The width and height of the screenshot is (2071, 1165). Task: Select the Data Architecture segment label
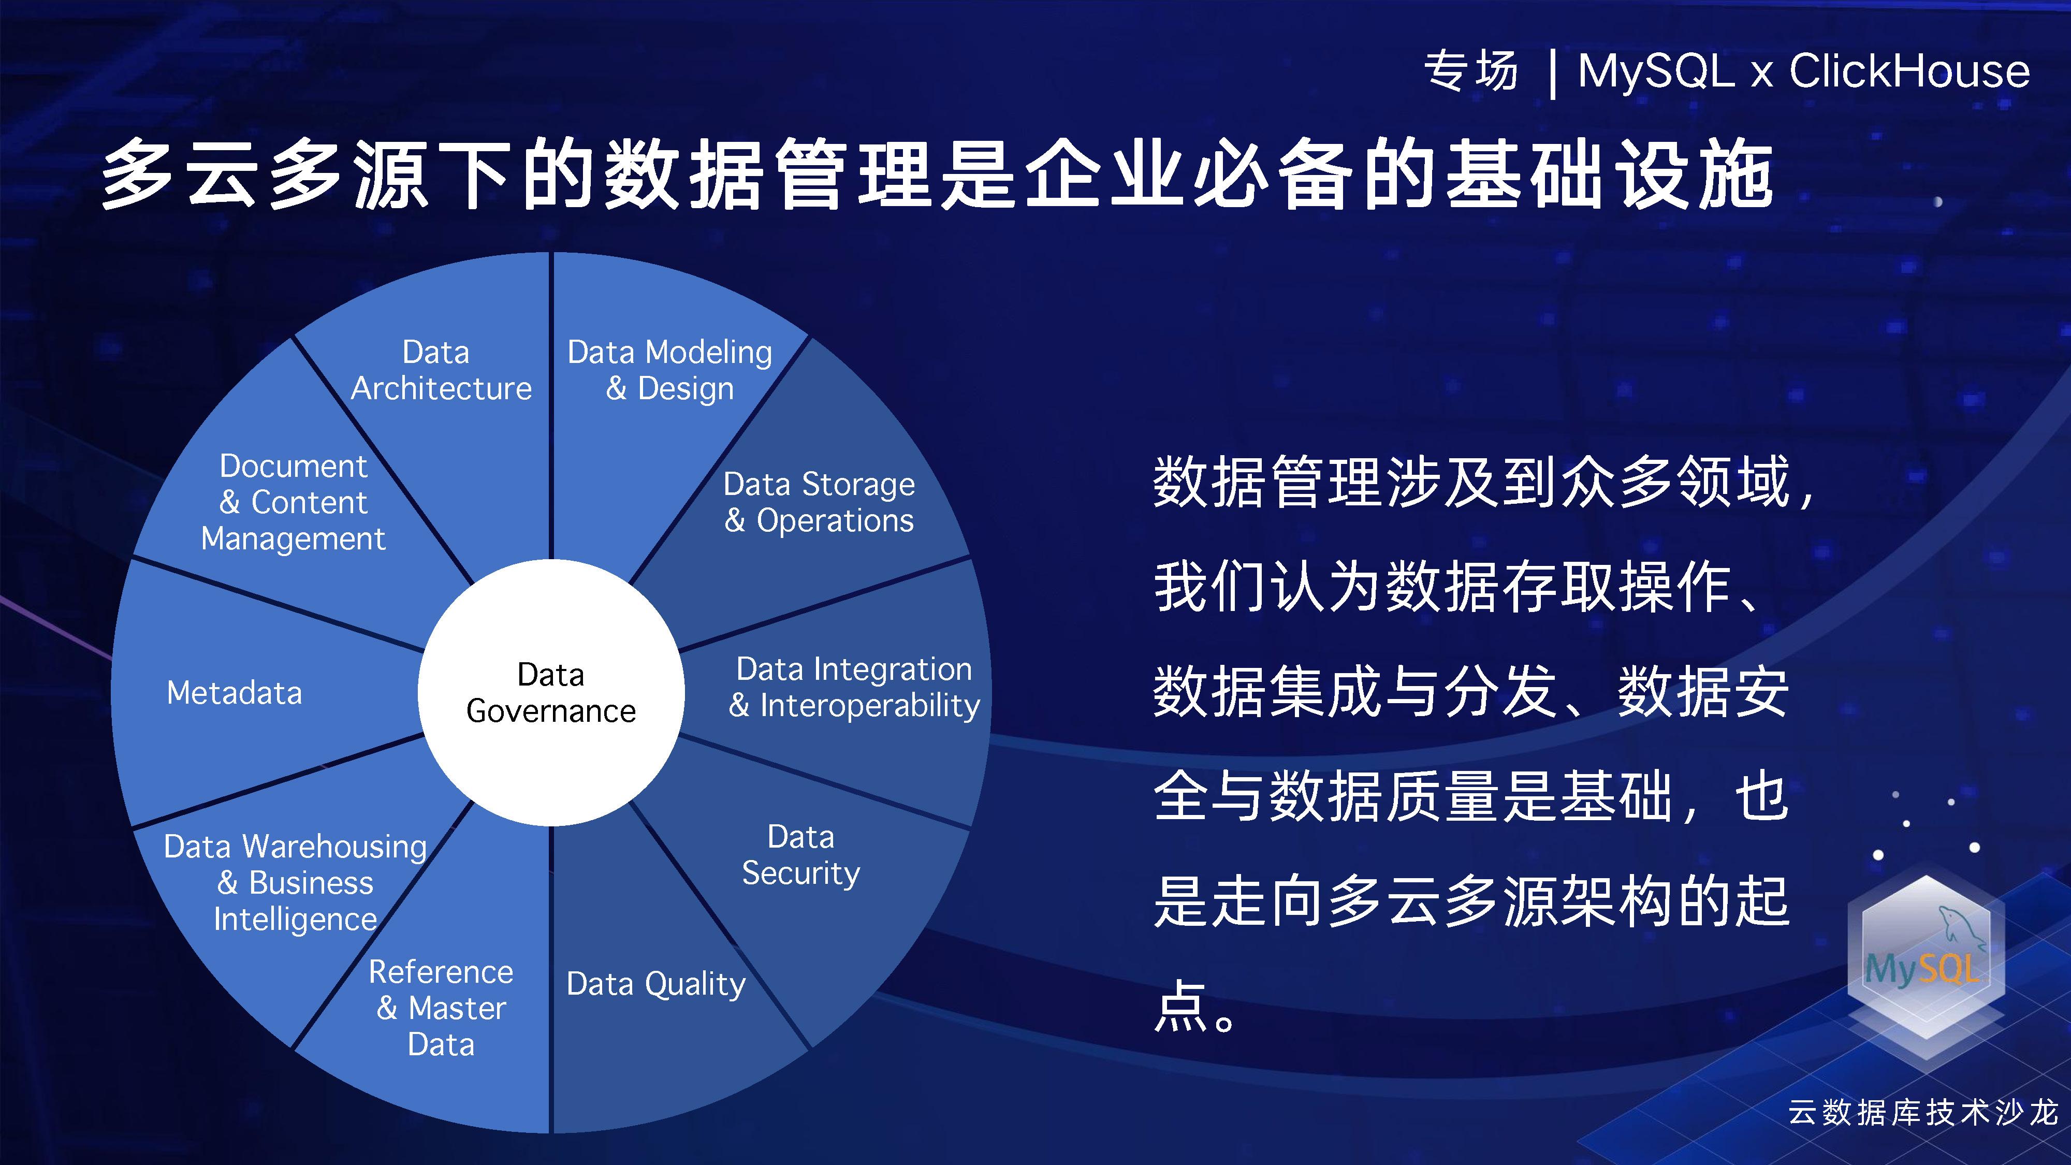coord(441,370)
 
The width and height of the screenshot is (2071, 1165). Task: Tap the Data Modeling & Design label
coord(669,370)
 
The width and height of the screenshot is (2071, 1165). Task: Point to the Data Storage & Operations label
coord(819,502)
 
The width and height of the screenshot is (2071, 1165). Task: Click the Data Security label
coord(801,855)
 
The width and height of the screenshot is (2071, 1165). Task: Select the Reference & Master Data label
coord(441,1008)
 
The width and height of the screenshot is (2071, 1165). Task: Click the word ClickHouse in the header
coord(1909,71)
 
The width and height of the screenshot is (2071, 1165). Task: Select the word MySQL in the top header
coord(1656,71)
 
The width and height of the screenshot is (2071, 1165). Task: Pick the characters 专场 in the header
coord(1471,71)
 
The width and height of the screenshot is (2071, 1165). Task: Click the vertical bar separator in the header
coord(1552,73)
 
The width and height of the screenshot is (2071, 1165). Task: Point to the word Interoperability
coord(870,705)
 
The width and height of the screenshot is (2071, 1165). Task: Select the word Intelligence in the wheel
coord(295,920)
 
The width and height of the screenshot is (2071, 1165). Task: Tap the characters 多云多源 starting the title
coord(265,174)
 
